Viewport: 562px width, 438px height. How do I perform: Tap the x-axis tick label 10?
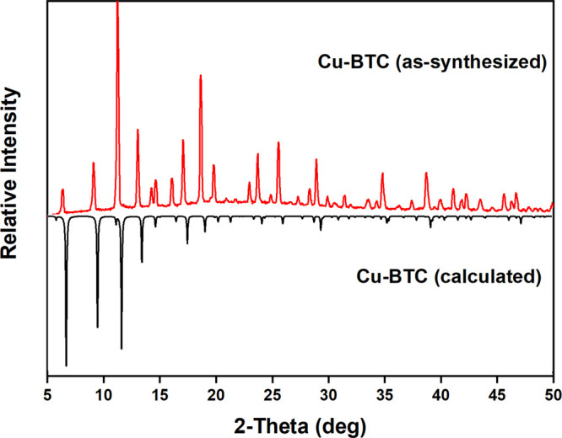104,391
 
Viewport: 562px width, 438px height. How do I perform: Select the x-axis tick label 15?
160,391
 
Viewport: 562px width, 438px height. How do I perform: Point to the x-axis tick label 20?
216,391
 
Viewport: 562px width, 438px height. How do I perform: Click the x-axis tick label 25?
273,391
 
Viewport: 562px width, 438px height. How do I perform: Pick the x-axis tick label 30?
328,391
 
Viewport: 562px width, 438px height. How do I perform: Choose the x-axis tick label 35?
385,391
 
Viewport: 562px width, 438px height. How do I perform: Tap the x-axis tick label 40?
440,391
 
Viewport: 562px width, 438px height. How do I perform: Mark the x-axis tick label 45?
497,391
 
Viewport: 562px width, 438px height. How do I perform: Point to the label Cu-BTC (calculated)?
436,275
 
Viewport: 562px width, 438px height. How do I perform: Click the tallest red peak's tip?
117,3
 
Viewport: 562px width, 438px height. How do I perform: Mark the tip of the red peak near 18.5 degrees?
200,75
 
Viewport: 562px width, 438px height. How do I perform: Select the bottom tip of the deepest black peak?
66,366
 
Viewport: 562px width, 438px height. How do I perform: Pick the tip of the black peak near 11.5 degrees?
122,348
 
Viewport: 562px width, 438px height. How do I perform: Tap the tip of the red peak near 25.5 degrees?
278,143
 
